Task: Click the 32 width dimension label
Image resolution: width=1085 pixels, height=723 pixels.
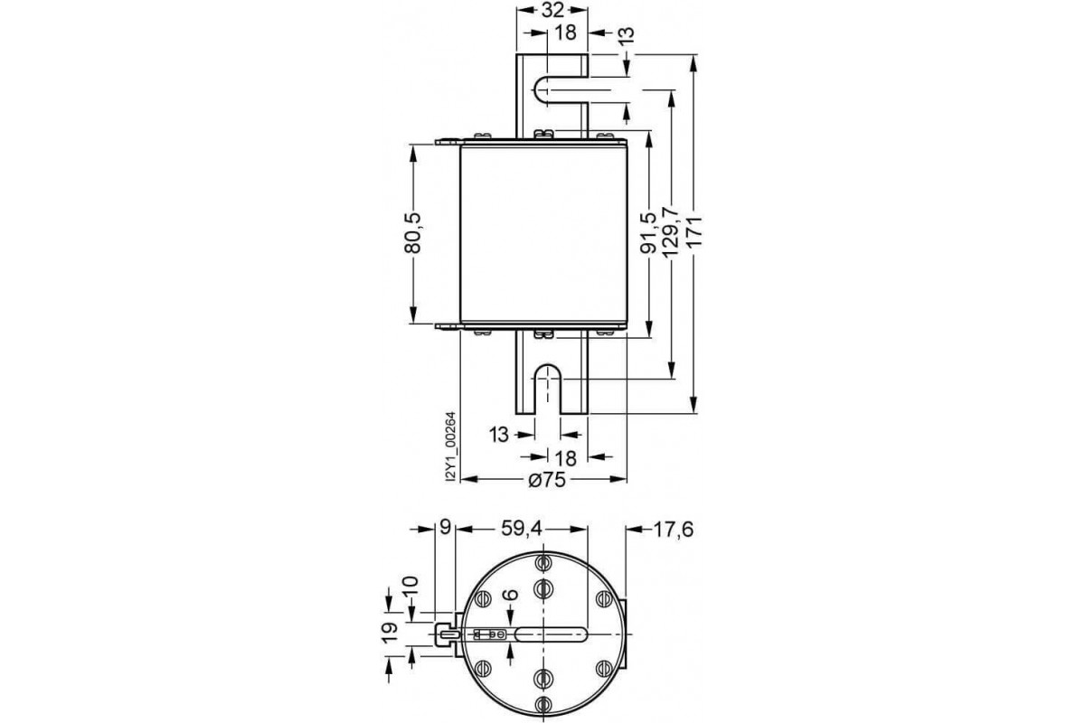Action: pos(552,10)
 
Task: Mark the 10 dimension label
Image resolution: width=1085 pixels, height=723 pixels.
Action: pos(411,588)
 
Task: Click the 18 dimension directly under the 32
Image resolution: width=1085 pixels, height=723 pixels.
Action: pos(565,33)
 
